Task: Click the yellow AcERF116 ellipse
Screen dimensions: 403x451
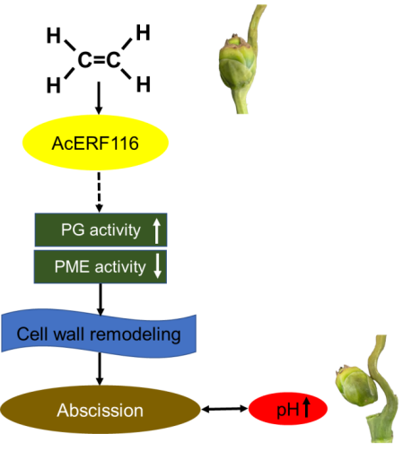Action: pyautogui.click(x=95, y=143)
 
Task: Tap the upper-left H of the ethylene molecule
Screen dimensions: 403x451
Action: pyautogui.click(x=54, y=35)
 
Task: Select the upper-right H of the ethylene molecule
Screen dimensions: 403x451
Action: pyautogui.click(x=143, y=32)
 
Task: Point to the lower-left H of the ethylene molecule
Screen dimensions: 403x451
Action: pyautogui.click(x=54, y=85)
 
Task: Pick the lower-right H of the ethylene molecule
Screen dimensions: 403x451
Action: pyautogui.click(x=143, y=84)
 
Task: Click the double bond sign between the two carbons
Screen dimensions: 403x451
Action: pyautogui.click(x=99, y=60)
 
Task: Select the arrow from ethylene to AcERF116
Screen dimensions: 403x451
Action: pyautogui.click(x=99, y=98)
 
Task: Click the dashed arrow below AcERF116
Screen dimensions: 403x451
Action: pyautogui.click(x=99, y=192)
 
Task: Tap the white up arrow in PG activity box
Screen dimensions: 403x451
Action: pyautogui.click(x=157, y=230)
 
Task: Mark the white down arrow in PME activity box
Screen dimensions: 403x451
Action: pyautogui.click(x=157, y=266)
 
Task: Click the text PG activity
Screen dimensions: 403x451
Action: pyautogui.click(x=101, y=230)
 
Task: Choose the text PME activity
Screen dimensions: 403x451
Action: pyautogui.click(x=100, y=266)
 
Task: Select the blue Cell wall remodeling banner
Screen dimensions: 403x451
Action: pyautogui.click(x=99, y=334)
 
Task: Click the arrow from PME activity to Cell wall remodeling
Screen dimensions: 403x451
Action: pyautogui.click(x=101, y=299)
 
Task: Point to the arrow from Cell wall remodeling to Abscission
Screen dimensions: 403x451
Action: pyautogui.click(x=100, y=369)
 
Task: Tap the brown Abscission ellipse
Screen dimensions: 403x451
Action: pyautogui.click(x=101, y=410)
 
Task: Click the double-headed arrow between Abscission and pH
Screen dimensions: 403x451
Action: pyautogui.click(x=225, y=409)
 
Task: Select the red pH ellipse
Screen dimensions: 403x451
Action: pyautogui.click(x=288, y=409)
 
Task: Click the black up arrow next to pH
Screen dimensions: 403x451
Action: pyautogui.click(x=306, y=407)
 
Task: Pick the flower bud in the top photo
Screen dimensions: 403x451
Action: pyautogui.click(x=238, y=63)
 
